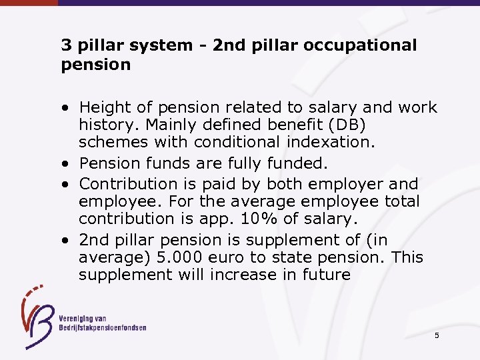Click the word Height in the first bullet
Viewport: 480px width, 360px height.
point(103,107)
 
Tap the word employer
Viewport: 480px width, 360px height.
point(360,184)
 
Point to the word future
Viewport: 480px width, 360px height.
point(323,275)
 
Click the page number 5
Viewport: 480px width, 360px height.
point(437,335)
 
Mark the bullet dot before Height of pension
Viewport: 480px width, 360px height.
point(69,108)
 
